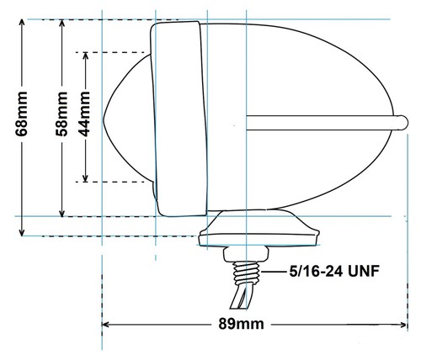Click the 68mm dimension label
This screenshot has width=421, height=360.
[x=22, y=114]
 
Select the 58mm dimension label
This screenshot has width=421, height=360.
[x=61, y=114]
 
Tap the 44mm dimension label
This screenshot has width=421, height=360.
[x=85, y=114]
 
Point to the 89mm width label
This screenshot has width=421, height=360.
[x=241, y=324]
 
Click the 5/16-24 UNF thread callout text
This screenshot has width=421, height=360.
[x=334, y=271]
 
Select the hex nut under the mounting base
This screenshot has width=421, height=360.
[x=246, y=254]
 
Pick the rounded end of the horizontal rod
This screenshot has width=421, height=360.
[x=403, y=123]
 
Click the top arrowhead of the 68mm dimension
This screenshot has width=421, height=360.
[x=22, y=23]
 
